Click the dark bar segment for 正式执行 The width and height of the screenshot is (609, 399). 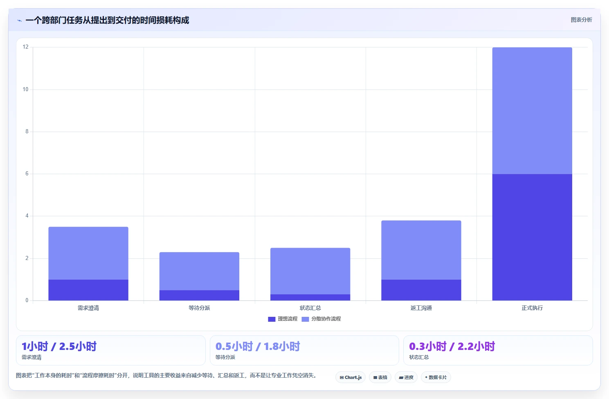[532, 237]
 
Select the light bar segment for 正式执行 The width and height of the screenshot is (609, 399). [532, 111]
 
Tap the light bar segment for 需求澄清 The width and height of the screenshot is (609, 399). [88, 253]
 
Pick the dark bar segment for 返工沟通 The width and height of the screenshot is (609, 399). [421, 290]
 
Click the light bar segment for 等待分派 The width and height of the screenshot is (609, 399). [199, 271]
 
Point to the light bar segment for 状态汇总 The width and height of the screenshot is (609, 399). [310, 271]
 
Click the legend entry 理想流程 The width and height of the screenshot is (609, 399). [283, 319]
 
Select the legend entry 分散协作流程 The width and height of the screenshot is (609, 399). [321, 319]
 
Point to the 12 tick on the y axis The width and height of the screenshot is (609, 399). [25, 47]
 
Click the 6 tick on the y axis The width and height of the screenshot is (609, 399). [27, 173]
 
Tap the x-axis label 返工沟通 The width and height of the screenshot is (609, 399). [421, 308]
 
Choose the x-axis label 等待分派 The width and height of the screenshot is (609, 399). [199, 308]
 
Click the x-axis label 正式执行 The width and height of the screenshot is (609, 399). [532, 308]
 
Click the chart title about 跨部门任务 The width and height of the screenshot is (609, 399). [107, 20]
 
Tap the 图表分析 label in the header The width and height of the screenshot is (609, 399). [581, 20]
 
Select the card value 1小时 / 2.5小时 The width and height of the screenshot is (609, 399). [59, 347]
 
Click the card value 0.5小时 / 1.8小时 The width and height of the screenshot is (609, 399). [258, 347]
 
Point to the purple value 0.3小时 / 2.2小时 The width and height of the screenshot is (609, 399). [452, 347]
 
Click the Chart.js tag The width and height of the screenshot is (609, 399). [351, 377]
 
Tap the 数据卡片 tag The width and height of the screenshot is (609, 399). [436, 377]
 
